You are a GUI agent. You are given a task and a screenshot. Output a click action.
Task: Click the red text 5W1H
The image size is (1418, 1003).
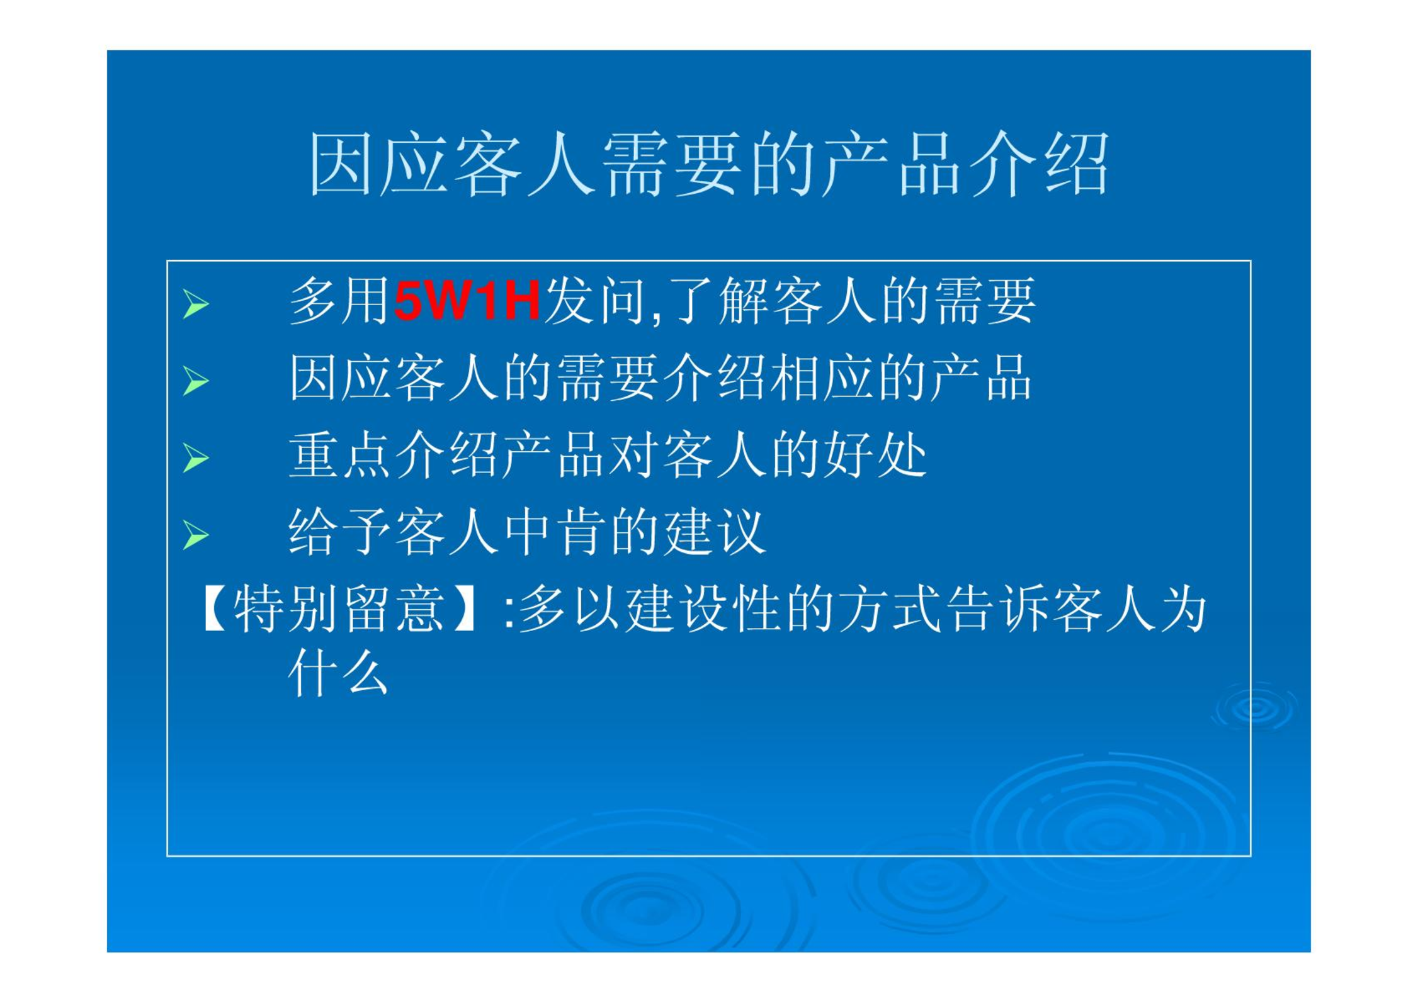point(467,301)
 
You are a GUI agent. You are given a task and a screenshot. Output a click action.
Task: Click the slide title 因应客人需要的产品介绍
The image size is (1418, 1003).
point(708,164)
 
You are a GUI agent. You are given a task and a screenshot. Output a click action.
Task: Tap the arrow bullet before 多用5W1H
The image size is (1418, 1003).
point(195,304)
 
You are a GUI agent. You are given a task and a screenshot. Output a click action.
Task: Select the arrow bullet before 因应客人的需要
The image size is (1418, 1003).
point(195,381)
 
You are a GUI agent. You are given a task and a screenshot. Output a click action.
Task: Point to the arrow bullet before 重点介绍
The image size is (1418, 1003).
point(195,458)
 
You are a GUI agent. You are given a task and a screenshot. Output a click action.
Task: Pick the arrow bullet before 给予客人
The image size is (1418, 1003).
point(195,535)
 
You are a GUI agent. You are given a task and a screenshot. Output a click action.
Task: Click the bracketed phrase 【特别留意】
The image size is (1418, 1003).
point(340,608)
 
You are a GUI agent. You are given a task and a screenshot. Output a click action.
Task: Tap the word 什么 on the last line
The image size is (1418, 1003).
point(338,673)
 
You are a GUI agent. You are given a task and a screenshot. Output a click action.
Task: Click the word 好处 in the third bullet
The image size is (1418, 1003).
point(876,455)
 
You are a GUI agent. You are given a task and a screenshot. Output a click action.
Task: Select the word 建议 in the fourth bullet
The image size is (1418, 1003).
point(715,532)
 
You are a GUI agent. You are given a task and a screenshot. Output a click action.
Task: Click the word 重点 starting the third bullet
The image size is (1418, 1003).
point(339,455)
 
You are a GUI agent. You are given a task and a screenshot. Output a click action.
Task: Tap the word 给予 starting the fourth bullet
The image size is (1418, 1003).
point(339,532)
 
